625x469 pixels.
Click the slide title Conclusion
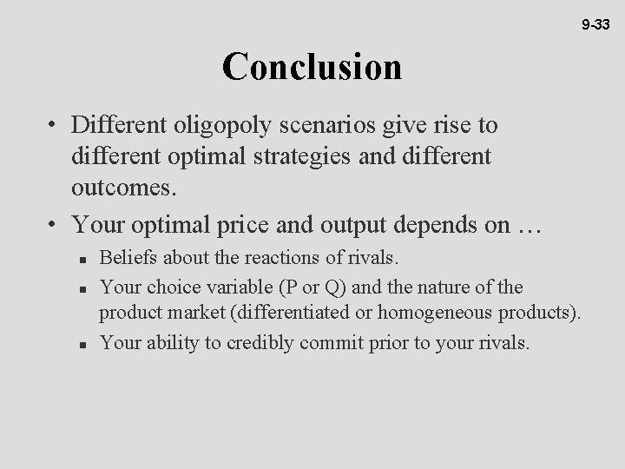coord(312,67)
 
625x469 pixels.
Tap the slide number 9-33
coord(596,26)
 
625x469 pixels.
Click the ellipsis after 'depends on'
coord(528,226)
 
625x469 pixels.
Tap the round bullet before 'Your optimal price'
coord(54,226)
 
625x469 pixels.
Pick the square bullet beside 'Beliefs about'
coord(79,260)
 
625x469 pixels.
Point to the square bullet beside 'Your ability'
coord(79,344)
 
